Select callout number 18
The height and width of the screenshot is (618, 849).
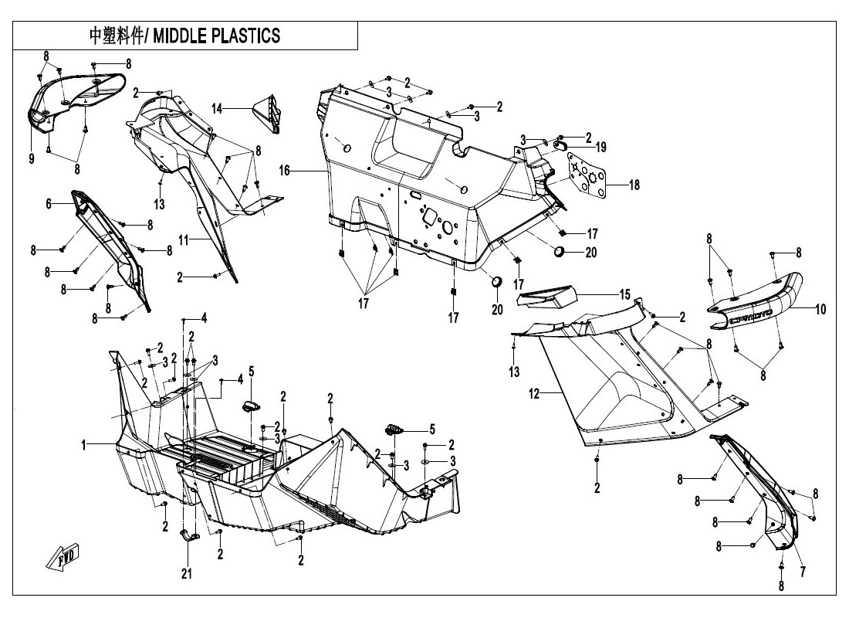pos(634,185)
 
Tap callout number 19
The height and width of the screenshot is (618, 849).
pos(600,147)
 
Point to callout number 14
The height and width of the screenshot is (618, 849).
pos(217,109)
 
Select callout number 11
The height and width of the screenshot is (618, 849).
pos(184,241)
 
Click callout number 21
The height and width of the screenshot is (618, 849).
pos(186,573)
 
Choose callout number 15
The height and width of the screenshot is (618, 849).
pos(624,294)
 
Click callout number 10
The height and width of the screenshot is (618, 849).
pos(820,310)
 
